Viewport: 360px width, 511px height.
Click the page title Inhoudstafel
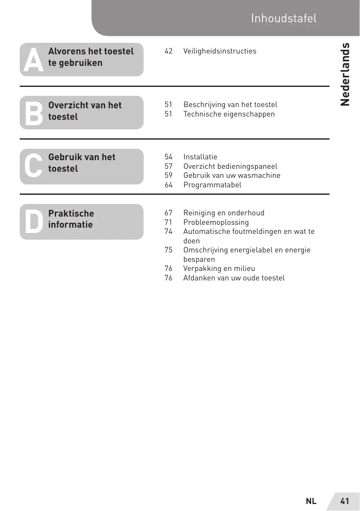(x=284, y=19)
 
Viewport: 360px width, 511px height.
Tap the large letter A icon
(x=33, y=60)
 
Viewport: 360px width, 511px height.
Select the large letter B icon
(x=33, y=113)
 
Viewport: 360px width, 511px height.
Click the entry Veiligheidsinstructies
(x=220, y=51)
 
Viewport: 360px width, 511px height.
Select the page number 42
(x=169, y=51)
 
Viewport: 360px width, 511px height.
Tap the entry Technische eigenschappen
(x=229, y=114)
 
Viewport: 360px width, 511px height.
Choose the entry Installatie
(x=200, y=157)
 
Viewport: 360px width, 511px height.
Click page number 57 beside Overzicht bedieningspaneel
(x=169, y=166)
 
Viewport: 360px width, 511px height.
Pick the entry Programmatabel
(x=212, y=185)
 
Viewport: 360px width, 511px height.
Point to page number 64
(x=169, y=185)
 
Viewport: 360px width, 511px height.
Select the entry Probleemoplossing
(x=216, y=222)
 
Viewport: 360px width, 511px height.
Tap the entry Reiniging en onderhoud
(x=224, y=213)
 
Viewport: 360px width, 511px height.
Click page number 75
(x=169, y=250)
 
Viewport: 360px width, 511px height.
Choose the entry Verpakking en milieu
(x=219, y=268)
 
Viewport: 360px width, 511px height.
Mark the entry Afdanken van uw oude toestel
(x=234, y=278)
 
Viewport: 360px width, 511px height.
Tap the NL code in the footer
(x=311, y=501)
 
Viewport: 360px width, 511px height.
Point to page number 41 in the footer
(x=344, y=501)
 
